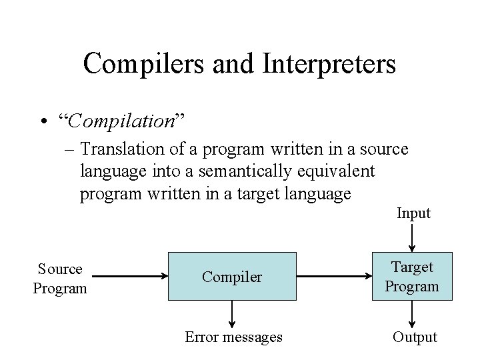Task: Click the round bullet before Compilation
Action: tap(43, 122)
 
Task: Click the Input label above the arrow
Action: tap(413, 213)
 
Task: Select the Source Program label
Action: tap(60, 279)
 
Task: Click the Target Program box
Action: tap(412, 277)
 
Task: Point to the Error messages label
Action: tap(233, 337)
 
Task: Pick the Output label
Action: tap(415, 337)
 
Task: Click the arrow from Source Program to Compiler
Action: tap(131, 275)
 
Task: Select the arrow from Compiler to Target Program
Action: tap(333, 275)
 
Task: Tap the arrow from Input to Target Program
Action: tap(413, 237)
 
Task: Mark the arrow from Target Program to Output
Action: tap(413, 313)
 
